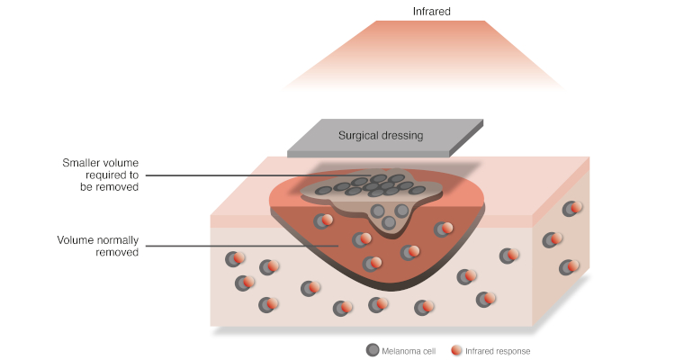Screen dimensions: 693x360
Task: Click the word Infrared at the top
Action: pyautogui.click(x=431, y=12)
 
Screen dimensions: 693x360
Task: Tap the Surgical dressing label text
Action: pyautogui.click(x=381, y=136)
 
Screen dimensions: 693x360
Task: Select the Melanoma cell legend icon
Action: pyautogui.click(x=373, y=350)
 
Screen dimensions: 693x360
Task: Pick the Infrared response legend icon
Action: pyautogui.click(x=456, y=350)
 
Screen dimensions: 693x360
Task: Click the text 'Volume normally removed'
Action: pyautogui.click(x=98, y=246)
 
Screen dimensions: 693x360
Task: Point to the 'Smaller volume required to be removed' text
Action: pyautogui.click(x=100, y=175)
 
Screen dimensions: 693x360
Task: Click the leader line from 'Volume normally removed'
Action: pyautogui.click(x=242, y=246)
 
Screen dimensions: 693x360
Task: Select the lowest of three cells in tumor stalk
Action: pyautogui.click(x=389, y=222)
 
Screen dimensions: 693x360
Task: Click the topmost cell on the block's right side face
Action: pyautogui.click(x=572, y=208)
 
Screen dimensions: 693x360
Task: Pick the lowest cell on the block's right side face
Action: pyautogui.click(x=569, y=267)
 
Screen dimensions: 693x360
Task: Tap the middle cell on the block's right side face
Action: pyautogui.click(x=553, y=240)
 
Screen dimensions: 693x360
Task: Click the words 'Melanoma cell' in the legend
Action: pyautogui.click(x=409, y=351)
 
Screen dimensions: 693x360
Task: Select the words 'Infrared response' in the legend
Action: pyautogui.click(x=498, y=351)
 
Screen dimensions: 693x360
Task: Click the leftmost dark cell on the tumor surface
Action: pyautogui.click(x=325, y=191)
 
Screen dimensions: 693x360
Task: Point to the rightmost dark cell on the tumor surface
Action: pyautogui.click(x=417, y=191)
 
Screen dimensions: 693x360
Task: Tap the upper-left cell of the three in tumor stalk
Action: pyautogui.click(x=377, y=211)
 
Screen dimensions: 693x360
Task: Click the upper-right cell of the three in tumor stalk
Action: pyautogui.click(x=401, y=211)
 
